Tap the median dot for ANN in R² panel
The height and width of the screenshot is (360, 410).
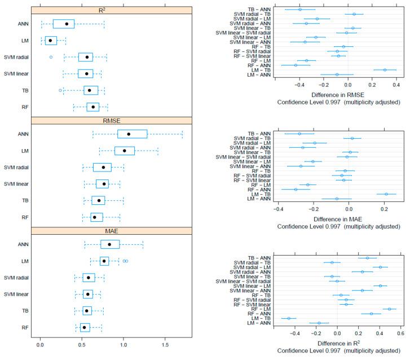pos(67,24)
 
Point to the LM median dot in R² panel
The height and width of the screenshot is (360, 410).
pos(50,41)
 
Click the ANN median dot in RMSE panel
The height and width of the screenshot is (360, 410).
pos(129,134)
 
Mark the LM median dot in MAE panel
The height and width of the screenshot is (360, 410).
pos(104,261)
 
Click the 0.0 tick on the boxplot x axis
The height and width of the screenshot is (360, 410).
pos(40,344)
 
